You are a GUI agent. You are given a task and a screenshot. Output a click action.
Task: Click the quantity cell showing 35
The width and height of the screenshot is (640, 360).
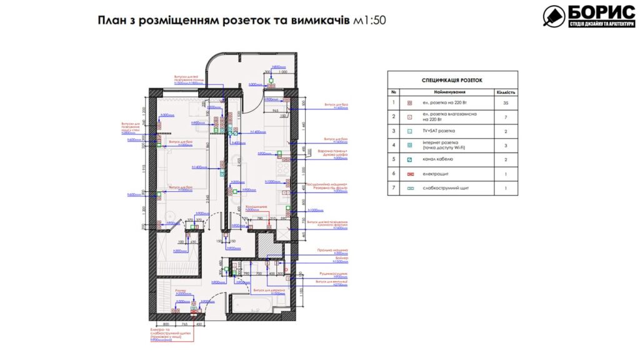[505, 102]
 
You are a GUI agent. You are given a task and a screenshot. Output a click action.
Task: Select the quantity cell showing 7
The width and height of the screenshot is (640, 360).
[505, 117]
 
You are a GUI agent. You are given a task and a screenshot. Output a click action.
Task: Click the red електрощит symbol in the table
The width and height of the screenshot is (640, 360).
[410, 174]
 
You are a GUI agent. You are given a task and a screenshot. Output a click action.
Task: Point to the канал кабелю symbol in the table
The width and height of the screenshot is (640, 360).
[410, 159]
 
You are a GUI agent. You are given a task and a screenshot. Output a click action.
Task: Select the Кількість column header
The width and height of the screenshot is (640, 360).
[505, 92]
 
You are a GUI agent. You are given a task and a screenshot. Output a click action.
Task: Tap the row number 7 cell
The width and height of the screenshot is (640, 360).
[394, 187]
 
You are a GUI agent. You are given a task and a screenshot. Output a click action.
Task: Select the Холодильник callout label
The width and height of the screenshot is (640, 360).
[256, 206]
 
